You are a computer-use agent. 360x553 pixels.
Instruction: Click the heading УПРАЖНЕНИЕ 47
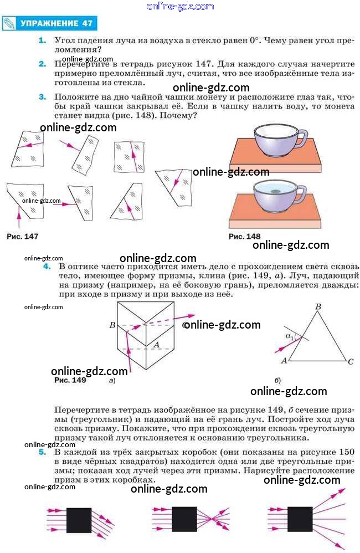[x=56, y=23]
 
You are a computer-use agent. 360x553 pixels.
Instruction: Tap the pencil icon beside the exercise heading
[x=9, y=23]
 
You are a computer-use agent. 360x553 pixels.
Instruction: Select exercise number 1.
[x=42, y=40]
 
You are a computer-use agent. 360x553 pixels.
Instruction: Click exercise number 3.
[x=42, y=96]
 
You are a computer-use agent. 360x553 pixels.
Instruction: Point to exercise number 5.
[x=42, y=452]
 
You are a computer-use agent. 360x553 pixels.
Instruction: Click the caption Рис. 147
[x=22, y=236]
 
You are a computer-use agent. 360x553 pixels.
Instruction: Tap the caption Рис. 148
[x=244, y=236]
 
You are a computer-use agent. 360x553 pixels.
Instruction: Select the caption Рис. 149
[x=70, y=380]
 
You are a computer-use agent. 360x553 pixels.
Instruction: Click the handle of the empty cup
[x=302, y=139]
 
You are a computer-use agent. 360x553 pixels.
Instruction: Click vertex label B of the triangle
[x=318, y=306]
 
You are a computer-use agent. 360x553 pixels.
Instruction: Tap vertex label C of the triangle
[x=350, y=362]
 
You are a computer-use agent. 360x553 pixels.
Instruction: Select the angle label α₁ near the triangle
[x=290, y=337]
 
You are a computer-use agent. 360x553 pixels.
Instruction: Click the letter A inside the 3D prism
[x=157, y=345]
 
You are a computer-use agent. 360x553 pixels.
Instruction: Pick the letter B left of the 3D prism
[x=112, y=325]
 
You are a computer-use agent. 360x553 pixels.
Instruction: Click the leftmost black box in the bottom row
[x=79, y=520]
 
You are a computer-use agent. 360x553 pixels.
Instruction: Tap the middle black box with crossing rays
[x=184, y=519]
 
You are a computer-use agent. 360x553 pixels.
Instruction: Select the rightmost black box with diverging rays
[x=300, y=519]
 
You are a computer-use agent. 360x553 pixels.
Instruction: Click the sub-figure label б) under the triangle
[x=277, y=380]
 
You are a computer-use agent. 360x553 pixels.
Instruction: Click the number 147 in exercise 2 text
[x=203, y=64]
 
